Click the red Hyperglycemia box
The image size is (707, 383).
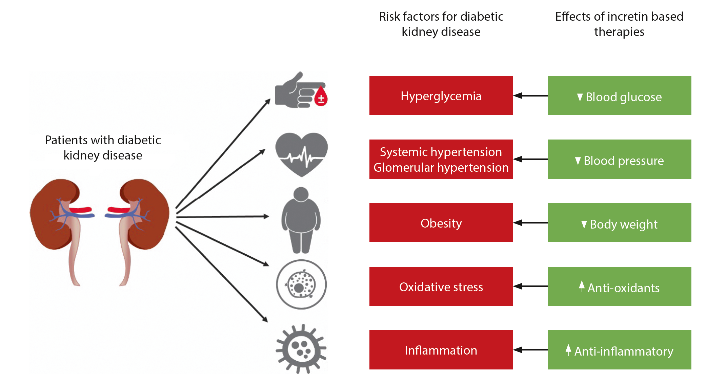[441, 95]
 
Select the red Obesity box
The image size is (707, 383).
[441, 222]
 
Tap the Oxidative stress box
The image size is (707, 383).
[441, 286]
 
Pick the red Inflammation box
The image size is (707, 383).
[441, 349]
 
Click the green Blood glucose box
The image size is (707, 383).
[619, 95]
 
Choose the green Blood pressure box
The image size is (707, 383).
[619, 159]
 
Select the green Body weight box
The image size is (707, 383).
[619, 222]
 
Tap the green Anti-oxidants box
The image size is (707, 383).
[619, 286]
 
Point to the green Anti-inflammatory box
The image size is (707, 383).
[619, 349]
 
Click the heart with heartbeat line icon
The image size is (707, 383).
[301, 154]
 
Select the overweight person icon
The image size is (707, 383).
[301, 220]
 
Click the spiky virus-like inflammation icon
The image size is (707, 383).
[301, 349]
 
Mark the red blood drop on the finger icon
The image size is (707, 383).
[321, 97]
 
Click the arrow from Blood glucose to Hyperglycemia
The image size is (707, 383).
[530, 95]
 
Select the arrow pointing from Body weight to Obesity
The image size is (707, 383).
[530, 222]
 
